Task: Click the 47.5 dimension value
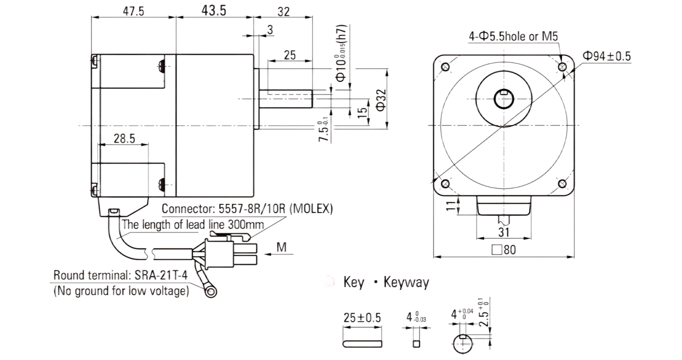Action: tap(133, 11)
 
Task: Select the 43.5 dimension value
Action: tap(214, 11)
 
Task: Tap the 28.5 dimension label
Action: tap(124, 138)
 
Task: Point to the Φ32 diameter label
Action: tap(381, 100)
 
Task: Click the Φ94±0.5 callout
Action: tap(607, 56)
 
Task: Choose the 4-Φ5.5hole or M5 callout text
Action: tap(513, 37)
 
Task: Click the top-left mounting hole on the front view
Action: tap(445, 67)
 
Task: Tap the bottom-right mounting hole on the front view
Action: tap(562, 184)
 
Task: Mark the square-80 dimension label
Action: tap(504, 250)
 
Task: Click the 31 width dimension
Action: tap(504, 233)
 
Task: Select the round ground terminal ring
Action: tap(211, 292)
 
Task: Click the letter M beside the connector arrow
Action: tap(282, 247)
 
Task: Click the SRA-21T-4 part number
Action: tap(161, 275)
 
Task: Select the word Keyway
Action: tap(406, 283)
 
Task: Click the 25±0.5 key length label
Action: tap(362, 318)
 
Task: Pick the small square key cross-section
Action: tap(416, 344)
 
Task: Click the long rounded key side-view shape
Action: tap(362, 344)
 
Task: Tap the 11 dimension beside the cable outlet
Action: tap(452, 206)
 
